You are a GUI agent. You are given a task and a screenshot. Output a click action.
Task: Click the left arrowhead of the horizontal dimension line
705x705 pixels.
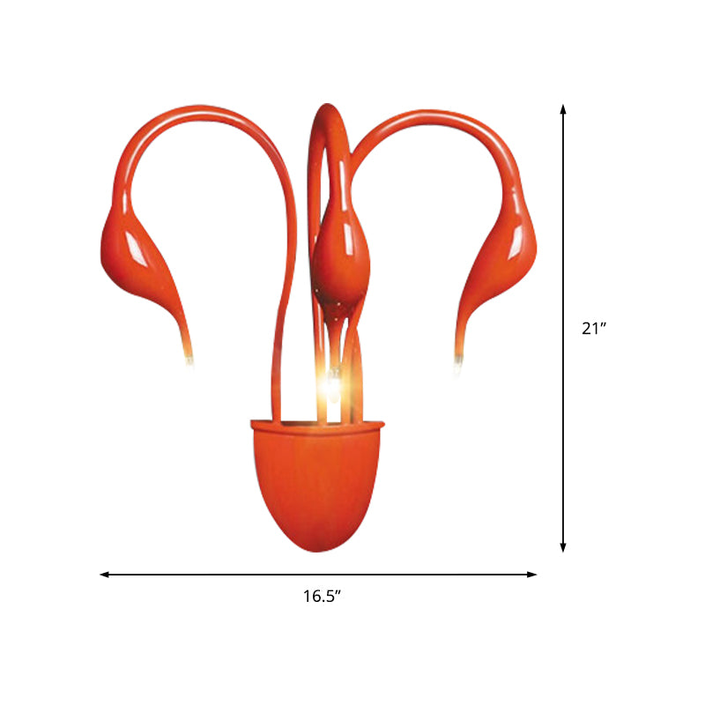pos(104,575)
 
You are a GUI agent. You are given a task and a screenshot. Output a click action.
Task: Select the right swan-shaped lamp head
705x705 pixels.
pos(507,256)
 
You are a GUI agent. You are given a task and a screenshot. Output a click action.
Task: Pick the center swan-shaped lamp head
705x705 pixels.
pos(340,256)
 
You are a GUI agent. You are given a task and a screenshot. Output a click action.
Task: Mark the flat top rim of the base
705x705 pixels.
pos(317,426)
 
